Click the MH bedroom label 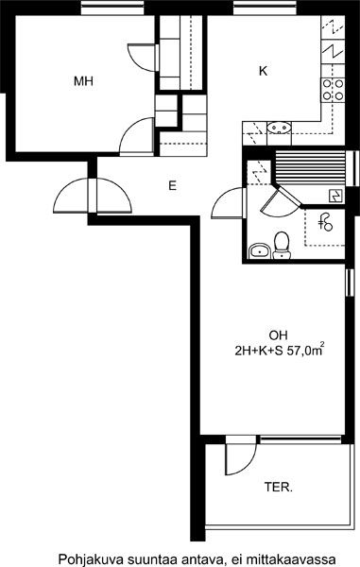click(x=83, y=81)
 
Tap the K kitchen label click(x=263, y=71)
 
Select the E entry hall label click(x=172, y=186)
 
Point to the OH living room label click(x=279, y=335)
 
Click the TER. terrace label click(x=279, y=487)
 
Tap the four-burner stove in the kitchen click(x=333, y=90)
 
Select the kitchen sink click(x=279, y=128)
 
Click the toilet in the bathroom click(x=282, y=246)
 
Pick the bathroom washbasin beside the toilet click(x=260, y=250)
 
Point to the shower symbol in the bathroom click(x=325, y=222)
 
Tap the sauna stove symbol click(x=335, y=196)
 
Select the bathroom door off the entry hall click(x=228, y=203)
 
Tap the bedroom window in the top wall click(x=112, y=8)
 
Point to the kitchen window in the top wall click(x=266, y=8)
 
